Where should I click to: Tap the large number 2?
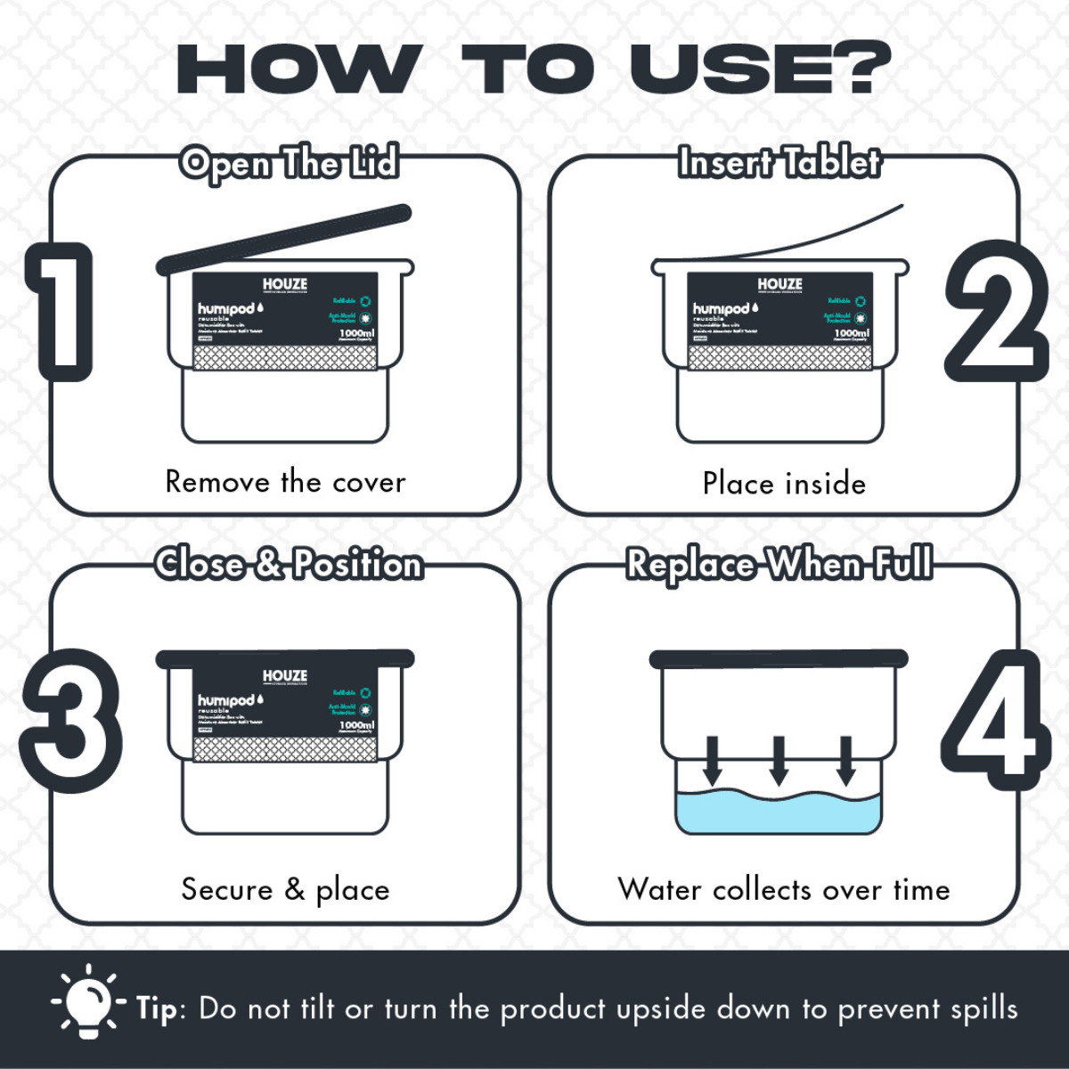tap(996, 312)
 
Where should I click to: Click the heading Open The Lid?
tap(288, 164)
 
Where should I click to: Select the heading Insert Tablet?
tap(779, 163)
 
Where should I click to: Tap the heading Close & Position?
tap(288, 565)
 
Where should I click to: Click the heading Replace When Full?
tap(779, 565)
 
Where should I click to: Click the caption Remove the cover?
tap(285, 482)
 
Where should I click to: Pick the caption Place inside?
tap(784, 484)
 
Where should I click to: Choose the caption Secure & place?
tap(285, 889)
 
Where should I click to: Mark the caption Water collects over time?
tap(784, 889)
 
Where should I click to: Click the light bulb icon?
tap(88, 1000)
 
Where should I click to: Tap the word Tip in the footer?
tap(159, 1008)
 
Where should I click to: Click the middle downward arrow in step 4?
tap(779, 760)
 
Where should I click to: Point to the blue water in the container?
tap(779, 813)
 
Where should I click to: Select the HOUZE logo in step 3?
tap(285, 677)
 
